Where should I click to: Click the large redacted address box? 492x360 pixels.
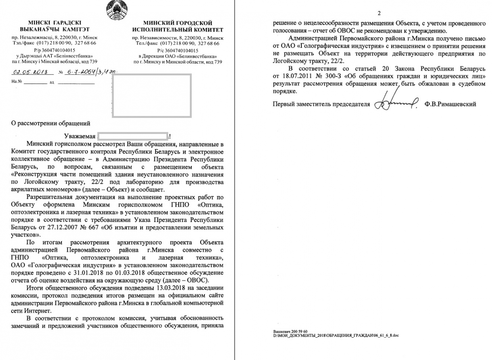151,95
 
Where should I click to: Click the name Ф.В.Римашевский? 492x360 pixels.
450,104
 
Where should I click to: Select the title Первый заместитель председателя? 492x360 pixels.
321,104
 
